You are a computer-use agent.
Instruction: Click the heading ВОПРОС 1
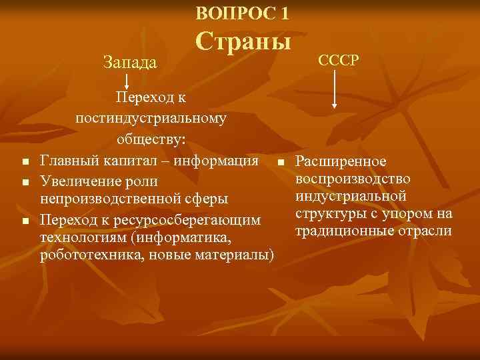[x=243, y=13]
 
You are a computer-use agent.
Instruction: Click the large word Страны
[x=243, y=42]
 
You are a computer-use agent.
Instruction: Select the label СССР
[x=339, y=60]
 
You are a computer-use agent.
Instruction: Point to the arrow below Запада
[x=127, y=81]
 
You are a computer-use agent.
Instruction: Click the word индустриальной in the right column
[x=351, y=197]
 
